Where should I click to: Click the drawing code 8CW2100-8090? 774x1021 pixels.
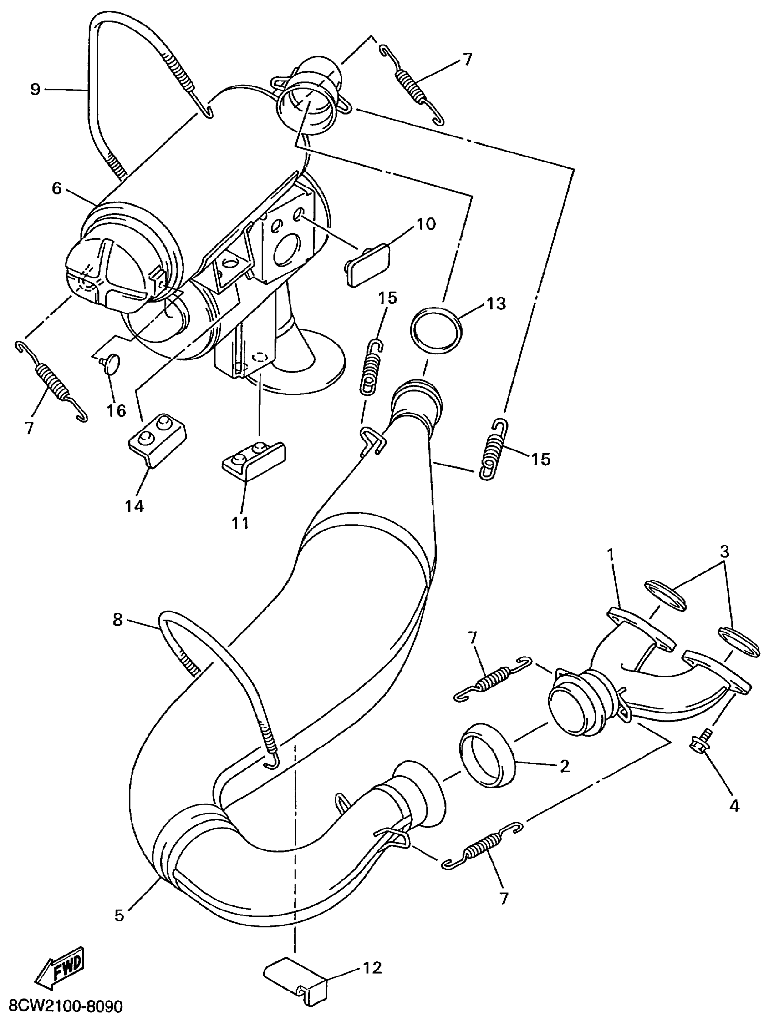pos(62,1006)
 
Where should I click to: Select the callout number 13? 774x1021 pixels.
pos(495,304)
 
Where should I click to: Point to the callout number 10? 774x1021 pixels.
pos(426,224)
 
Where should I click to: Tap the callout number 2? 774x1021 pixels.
pos(564,766)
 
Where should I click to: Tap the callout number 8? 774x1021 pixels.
pos(118,619)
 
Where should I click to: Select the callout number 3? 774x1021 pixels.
pos(724,551)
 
